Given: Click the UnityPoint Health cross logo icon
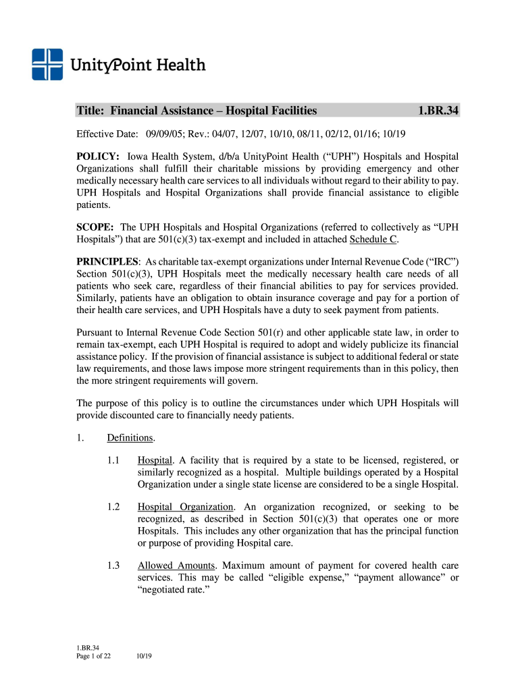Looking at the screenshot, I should pyautogui.click(x=47, y=65).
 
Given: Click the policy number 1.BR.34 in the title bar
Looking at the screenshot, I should pyautogui.click(x=438, y=110).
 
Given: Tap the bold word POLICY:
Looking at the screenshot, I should pyautogui.click(x=98, y=157).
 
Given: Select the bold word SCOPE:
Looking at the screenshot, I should pyautogui.click(x=95, y=228).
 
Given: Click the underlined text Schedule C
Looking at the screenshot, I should pyautogui.click(x=370, y=240).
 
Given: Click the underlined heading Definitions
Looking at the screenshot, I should pyautogui.click(x=130, y=439).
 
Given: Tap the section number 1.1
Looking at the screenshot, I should pyautogui.click(x=113, y=460).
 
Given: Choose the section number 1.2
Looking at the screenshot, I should pyautogui.click(x=113, y=506).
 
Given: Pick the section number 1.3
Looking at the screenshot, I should pyautogui.click(x=113, y=565).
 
